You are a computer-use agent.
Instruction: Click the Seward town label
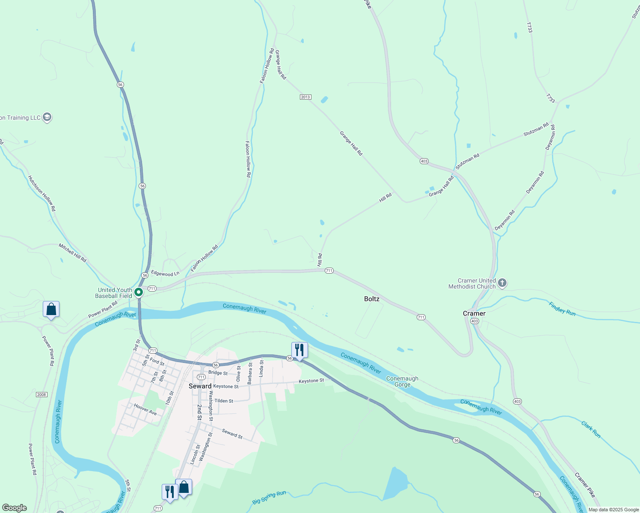pyautogui.click(x=200, y=386)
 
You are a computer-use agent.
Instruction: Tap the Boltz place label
pyautogui.click(x=372, y=299)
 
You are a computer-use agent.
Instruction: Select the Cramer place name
pyautogui.click(x=474, y=313)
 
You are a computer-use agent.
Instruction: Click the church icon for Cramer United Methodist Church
pyautogui.click(x=502, y=283)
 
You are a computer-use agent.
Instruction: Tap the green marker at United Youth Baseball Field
pyautogui.click(x=139, y=292)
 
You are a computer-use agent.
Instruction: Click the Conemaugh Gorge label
pyautogui.click(x=402, y=381)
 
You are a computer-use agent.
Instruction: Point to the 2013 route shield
pyautogui.click(x=305, y=97)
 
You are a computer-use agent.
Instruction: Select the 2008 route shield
pyautogui.click(x=41, y=394)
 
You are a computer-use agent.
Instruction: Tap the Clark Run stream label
pyautogui.click(x=591, y=430)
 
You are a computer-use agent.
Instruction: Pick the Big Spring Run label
pyautogui.click(x=269, y=497)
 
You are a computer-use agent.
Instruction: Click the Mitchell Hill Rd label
pyautogui.click(x=72, y=253)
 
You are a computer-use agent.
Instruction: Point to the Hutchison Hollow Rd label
pyautogui.click(x=41, y=193)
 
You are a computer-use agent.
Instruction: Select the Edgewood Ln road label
pyautogui.click(x=165, y=274)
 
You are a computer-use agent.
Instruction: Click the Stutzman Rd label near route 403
pyautogui.click(x=467, y=162)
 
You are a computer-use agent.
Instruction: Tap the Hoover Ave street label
pyautogui.click(x=145, y=410)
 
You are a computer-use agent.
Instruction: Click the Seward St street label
pyautogui.click(x=232, y=434)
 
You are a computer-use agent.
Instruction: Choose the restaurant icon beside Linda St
pyautogui.click(x=299, y=350)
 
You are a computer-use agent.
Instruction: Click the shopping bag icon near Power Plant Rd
pyautogui.click(x=51, y=309)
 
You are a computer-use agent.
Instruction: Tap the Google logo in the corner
pyautogui.click(x=15, y=508)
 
